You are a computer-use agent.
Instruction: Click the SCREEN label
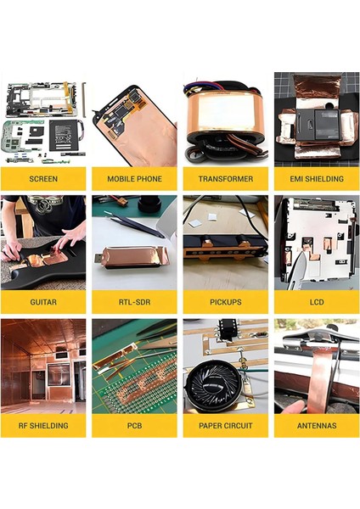click(43, 179)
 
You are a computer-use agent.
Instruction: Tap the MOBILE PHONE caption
click(134, 179)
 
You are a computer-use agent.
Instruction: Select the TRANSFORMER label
click(225, 179)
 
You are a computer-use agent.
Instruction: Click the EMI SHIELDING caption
click(316, 179)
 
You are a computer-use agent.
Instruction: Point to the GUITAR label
click(43, 302)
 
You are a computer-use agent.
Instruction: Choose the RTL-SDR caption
click(134, 302)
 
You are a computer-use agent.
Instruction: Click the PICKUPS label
click(225, 302)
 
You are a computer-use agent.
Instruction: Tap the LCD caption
click(316, 302)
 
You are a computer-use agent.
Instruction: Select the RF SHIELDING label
click(43, 426)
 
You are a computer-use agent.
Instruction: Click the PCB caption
click(134, 426)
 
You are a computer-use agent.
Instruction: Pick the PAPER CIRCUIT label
click(225, 426)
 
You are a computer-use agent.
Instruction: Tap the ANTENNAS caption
click(316, 426)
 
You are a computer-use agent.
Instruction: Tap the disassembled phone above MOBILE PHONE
click(134, 123)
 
